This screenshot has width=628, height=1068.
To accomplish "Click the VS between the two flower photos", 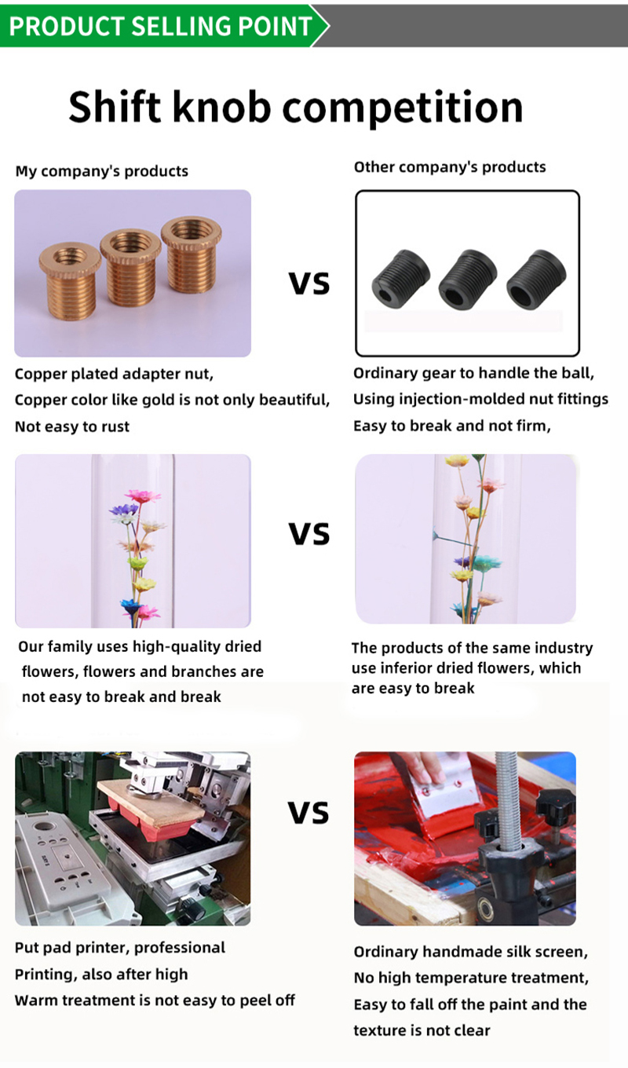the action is click(309, 533).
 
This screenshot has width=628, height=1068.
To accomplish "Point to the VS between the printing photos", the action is click(309, 813).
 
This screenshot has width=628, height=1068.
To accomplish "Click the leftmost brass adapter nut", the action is click(70, 281).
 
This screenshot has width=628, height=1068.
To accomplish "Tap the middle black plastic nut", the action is click(467, 278).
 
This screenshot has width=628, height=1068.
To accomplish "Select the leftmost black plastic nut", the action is click(400, 279).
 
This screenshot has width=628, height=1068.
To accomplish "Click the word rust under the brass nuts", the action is click(115, 426).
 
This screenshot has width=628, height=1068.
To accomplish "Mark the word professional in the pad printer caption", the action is click(179, 948).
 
